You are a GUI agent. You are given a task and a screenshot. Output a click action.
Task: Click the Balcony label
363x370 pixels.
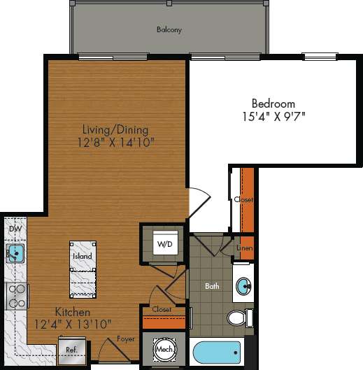(169, 30)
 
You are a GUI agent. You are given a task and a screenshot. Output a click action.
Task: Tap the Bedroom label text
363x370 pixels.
(272, 103)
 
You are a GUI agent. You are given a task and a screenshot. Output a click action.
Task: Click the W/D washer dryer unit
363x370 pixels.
(165, 244)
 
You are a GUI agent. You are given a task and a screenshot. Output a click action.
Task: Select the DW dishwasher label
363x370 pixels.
(14, 229)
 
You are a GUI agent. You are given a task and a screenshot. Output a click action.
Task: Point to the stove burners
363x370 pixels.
(16, 294)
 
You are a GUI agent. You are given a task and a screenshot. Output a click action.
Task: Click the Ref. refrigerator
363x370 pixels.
(71, 348)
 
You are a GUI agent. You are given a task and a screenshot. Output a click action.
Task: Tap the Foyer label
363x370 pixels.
(126, 339)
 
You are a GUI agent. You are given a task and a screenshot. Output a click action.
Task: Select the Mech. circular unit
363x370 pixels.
(164, 349)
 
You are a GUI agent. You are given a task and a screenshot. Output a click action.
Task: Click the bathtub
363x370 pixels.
(216, 353)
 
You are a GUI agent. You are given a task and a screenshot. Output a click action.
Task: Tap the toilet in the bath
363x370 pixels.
(239, 318)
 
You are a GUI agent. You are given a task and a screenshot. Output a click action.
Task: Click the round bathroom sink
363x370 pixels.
(244, 285)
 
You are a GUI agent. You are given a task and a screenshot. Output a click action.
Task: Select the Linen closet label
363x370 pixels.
(244, 248)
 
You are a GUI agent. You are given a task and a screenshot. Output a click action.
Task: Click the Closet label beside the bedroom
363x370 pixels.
(243, 199)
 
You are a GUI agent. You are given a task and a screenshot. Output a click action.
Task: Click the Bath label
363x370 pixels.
(213, 286)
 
